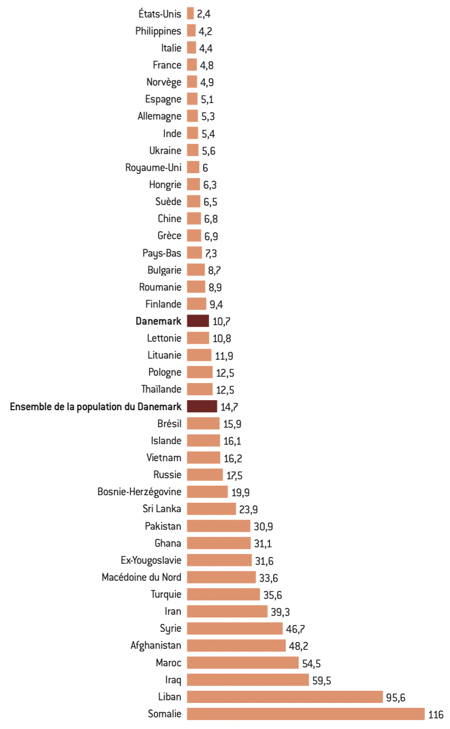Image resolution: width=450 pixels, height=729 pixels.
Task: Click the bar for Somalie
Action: click(306, 714)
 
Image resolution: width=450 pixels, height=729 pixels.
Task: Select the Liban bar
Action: click(284, 697)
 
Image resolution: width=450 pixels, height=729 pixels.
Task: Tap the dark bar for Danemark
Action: click(198, 321)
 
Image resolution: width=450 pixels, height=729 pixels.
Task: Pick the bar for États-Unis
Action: click(191, 14)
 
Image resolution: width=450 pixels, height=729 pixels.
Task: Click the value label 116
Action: click(436, 715)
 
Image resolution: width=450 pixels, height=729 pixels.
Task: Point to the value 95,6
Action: click(395, 698)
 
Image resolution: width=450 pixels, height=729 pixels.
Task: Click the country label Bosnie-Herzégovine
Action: click(139, 491)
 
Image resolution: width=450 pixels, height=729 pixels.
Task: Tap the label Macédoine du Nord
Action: click(141, 577)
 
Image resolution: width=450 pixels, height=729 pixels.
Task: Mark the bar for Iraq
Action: click(248, 680)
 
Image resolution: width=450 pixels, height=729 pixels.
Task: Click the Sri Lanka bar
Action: click(211, 508)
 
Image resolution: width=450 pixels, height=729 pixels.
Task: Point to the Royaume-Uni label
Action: click(153, 168)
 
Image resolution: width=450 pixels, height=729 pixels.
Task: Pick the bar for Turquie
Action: click(223, 594)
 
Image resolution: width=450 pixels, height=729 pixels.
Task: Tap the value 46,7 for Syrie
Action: click(295, 629)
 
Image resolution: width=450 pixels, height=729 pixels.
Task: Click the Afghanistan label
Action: click(155, 646)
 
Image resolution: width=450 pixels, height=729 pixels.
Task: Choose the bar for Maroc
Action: click(243, 663)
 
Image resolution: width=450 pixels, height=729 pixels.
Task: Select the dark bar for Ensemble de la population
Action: click(202, 406)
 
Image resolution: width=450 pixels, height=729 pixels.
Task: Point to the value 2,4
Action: click(204, 14)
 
